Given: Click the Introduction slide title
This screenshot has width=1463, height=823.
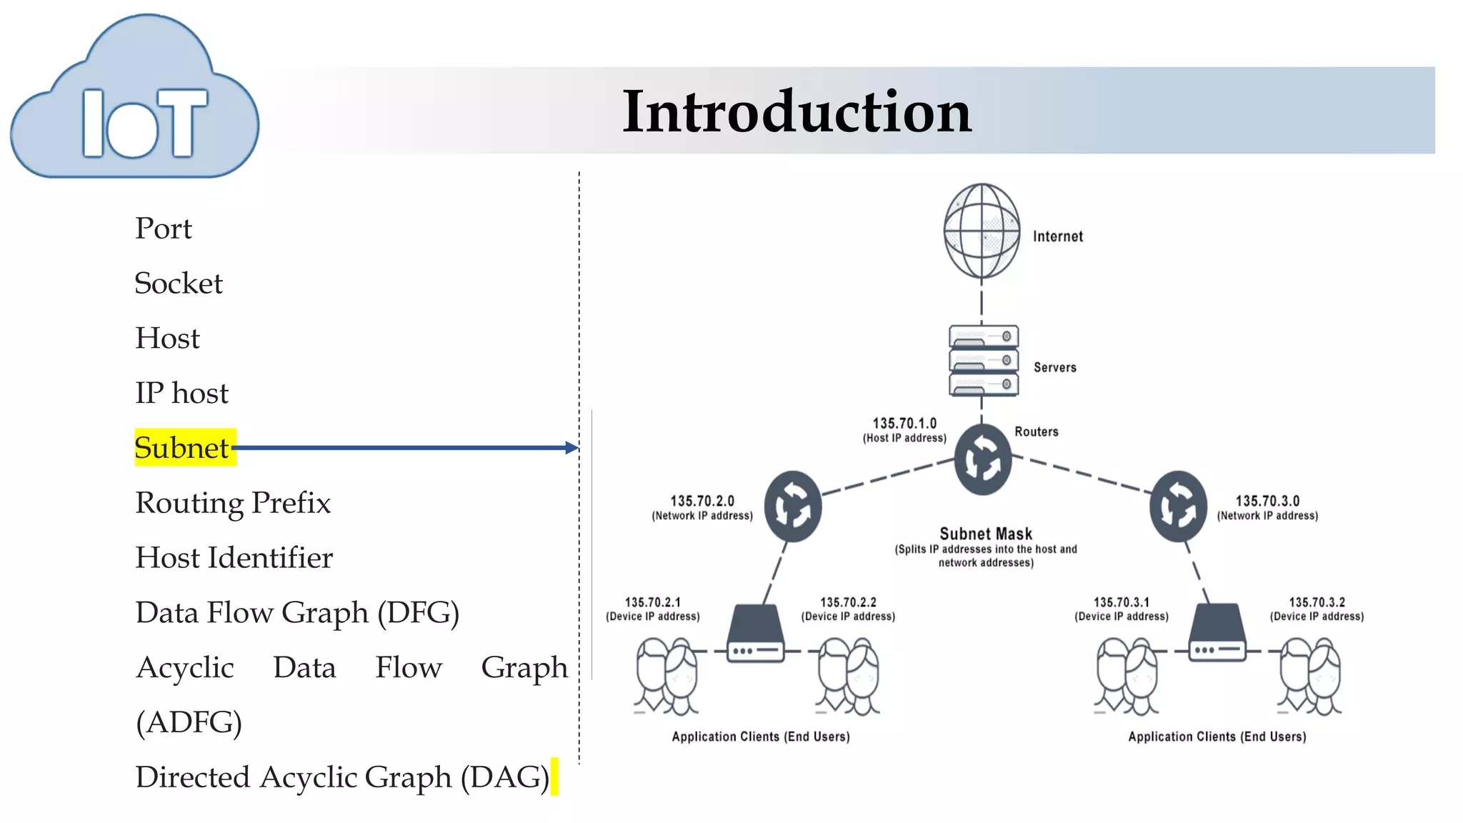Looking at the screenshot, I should coord(797,111).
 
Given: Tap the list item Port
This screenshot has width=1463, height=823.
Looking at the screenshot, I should coord(164,229).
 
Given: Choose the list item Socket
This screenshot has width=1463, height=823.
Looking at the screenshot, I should coord(179,284).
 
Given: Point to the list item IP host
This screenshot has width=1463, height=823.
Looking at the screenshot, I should coord(182,393).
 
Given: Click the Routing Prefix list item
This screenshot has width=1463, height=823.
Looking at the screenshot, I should coord(233,503).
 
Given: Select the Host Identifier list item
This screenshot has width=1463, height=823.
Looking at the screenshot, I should coord(234,558).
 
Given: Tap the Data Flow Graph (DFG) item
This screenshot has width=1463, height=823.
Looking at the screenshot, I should coord(297,613).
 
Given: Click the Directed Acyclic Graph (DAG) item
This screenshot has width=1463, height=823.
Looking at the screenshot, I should coord(342,777).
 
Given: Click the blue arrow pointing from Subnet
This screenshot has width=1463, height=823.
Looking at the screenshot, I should coord(404,448).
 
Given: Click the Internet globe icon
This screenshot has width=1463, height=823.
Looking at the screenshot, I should coord(982,231).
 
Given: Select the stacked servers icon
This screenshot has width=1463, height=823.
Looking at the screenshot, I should coord(984,360).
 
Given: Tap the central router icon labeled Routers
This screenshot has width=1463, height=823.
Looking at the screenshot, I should coord(983,460).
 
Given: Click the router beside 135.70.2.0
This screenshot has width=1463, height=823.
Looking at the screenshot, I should coord(793,507).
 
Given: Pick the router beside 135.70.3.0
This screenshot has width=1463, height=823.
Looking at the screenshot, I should coord(1178,507).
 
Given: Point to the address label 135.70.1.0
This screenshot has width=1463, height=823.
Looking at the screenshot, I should coord(904,424).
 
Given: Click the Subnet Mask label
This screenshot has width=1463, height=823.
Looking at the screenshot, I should coord(986,534).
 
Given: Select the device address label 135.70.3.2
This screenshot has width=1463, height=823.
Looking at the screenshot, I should coord(1317,603).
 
